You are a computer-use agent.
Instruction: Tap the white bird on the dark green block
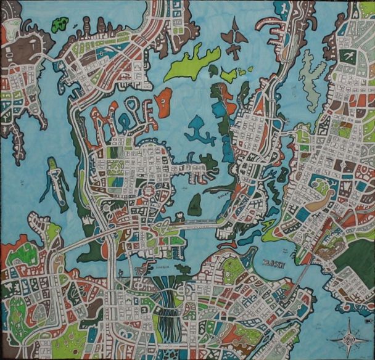click(x=348, y=56)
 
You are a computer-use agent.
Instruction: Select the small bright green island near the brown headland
click(x=60, y=25)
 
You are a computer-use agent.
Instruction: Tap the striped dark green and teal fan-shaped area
click(x=166, y=308)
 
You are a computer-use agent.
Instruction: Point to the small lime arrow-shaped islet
click(x=229, y=75)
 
